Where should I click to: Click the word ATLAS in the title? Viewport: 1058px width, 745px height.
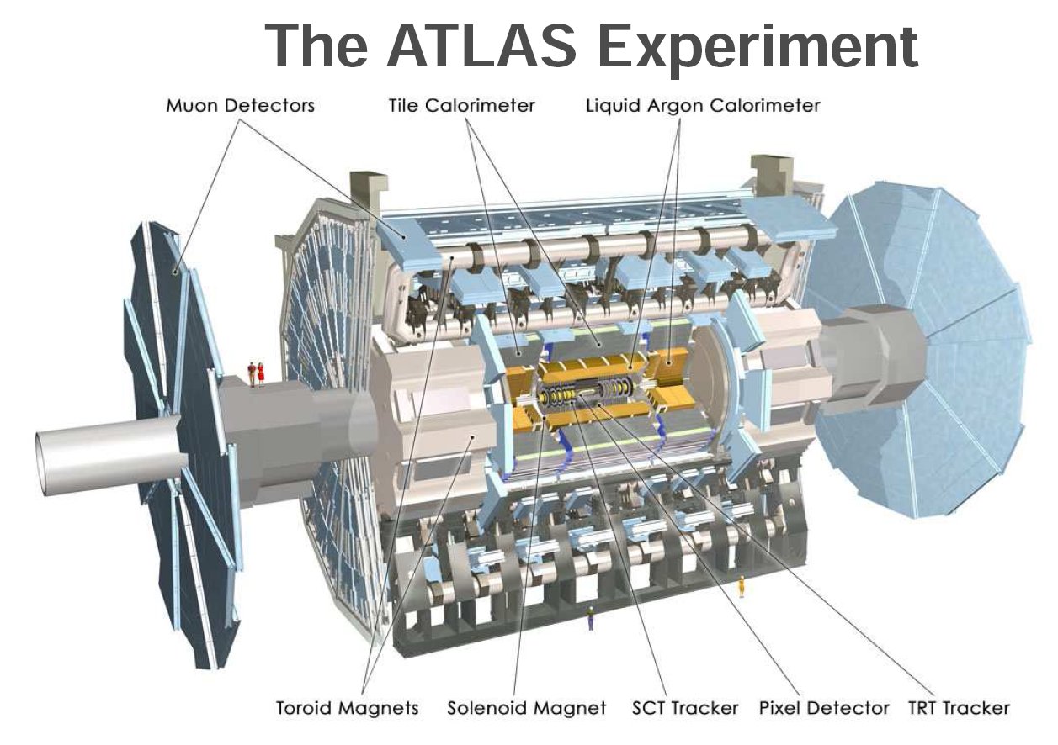click(481, 46)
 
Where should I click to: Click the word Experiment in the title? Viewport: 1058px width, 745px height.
click(758, 50)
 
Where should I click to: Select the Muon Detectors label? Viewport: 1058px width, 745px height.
click(241, 105)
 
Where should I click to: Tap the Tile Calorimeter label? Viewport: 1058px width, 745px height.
click(461, 105)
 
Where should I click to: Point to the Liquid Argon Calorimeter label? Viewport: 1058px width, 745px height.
click(703, 106)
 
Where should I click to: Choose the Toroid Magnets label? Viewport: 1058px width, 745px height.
click(347, 708)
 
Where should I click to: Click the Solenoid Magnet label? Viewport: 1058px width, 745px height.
click(527, 708)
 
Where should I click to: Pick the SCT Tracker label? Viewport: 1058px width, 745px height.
click(685, 708)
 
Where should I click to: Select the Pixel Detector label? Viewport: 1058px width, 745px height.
click(824, 708)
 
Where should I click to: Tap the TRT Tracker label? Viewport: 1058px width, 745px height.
click(959, 708)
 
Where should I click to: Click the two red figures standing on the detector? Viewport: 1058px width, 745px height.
click(256, 374)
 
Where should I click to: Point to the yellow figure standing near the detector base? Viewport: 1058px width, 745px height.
click(741, 586)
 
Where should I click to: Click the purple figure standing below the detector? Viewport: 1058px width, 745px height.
click(590, 618)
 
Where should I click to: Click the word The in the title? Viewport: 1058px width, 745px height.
click(316, 46)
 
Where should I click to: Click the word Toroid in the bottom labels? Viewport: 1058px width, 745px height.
click(305, 708)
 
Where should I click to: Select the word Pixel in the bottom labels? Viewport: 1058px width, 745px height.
click(779, 708)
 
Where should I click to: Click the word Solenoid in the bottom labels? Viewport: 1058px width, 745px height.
click(484, 708)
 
